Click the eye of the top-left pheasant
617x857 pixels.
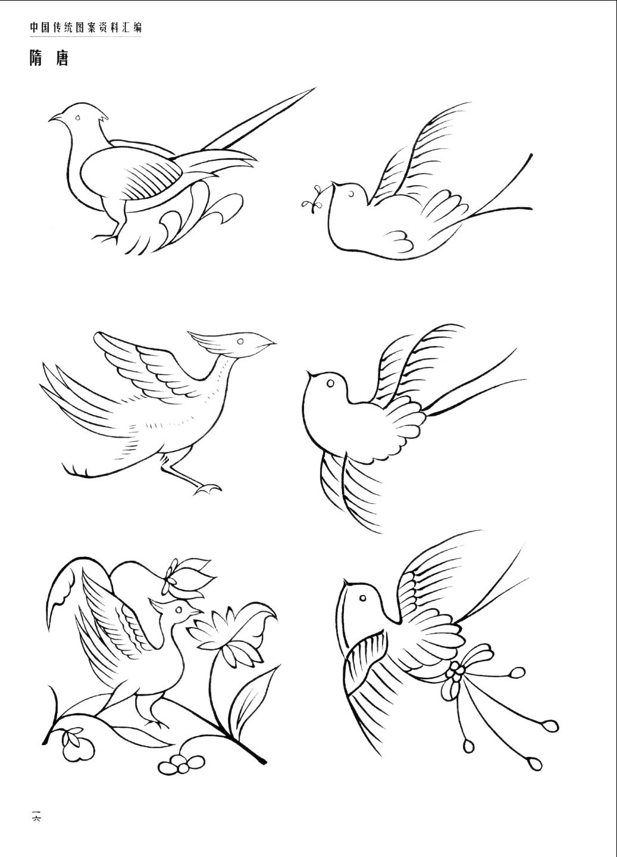pos(77,118)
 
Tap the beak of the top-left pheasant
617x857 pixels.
pos(55,117)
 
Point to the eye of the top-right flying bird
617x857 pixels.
pos(351,195)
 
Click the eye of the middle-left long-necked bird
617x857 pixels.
pos(240,341)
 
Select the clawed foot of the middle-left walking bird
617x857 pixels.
pos(207,488)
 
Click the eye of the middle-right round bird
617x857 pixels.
pos(330,383)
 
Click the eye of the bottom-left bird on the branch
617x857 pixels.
pos(178,609)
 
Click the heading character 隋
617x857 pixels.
pos(36,58)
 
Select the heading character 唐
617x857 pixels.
pos(62,58)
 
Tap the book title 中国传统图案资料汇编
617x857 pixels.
pos(86,27)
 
